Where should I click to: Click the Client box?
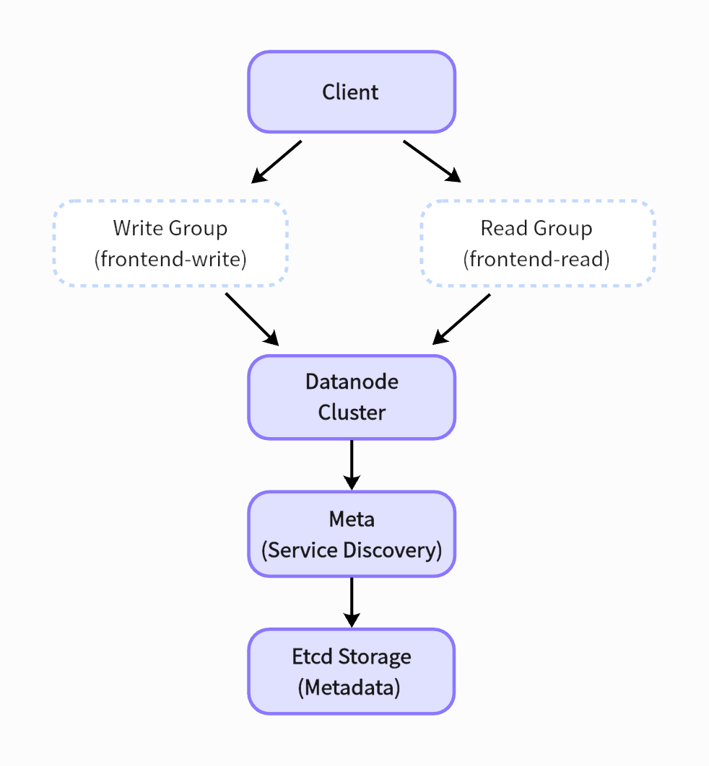click(351, 92)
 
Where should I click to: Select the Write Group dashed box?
click(170, 243)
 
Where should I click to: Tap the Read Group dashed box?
click(537, 243)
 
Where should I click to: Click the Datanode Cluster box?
click(351, 397)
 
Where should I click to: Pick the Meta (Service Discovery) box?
click(351, 534)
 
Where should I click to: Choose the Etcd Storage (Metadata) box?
click(351, 671)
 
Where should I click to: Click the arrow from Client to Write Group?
click(277, 161)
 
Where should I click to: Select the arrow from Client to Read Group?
click(431, 161)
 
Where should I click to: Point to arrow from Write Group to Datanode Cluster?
click(251, 318)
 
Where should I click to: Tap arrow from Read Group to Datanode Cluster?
click(462, 318)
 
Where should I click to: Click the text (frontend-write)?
click(170, 259)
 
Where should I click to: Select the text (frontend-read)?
click(536, 259)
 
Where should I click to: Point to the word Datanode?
click(352, 381)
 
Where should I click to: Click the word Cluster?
click(352, 413)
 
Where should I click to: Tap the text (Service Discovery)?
click(352, 550)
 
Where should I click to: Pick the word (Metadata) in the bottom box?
click(349, 687)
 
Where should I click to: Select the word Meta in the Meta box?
click(352, 519)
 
